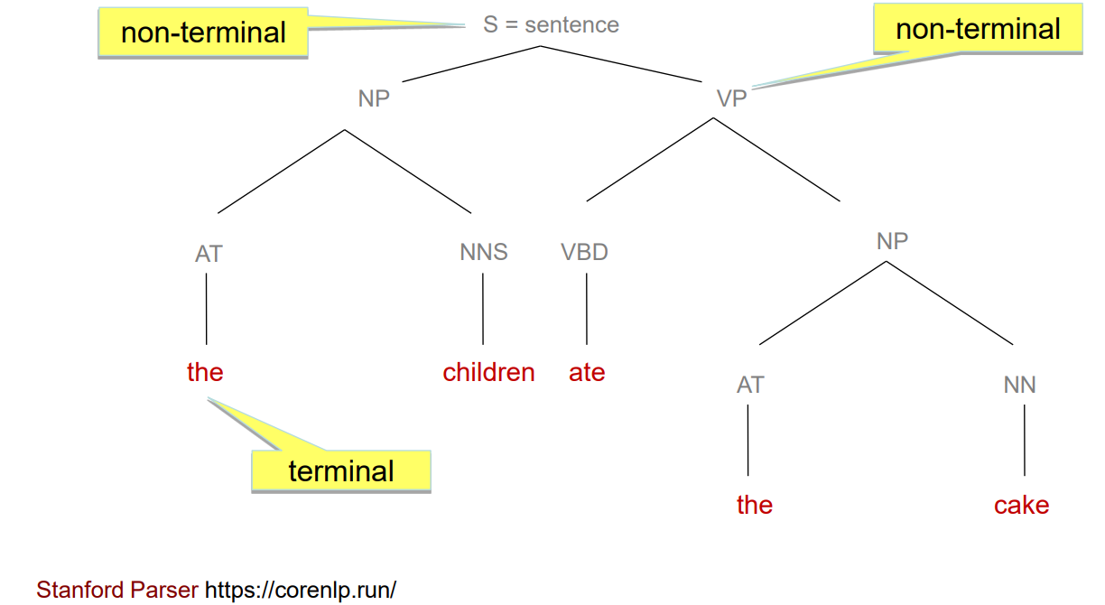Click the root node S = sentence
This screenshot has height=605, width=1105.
551,24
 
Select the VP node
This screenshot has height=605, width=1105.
731,98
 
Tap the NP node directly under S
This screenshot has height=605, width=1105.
374,98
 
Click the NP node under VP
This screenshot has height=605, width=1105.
892,240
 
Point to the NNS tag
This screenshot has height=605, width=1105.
484,252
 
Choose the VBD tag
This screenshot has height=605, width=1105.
585,252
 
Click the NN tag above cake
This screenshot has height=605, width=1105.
1020,385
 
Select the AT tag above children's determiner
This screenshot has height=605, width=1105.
209,254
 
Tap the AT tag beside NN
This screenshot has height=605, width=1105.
750,385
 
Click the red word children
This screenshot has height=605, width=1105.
488,372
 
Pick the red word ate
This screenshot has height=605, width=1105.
587,372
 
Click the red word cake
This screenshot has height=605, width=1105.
1021,505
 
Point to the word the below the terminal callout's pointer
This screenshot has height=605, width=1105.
205,372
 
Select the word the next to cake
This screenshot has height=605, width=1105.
755,505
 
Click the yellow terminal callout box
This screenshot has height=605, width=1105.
341,470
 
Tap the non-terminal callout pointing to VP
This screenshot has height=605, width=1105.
978,29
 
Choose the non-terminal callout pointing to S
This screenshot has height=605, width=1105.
203,33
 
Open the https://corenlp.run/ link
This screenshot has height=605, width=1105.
301,591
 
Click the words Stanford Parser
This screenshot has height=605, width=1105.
117,591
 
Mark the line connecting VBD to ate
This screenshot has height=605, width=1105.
587,309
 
